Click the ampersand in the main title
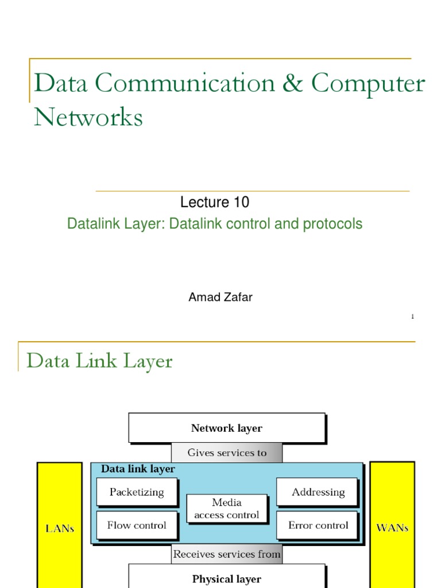(x=293, y=84)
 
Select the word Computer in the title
(x=368, y=84)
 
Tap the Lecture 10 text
(x=215, y=202)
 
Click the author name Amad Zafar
(x=220, y=297)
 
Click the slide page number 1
(x=412, y=317)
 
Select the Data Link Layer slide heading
(x=99, y=361)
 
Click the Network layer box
(x=227, y=428)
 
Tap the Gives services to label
(x=227, y=452)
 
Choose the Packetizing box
(x=137, y=492)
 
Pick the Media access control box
(x=227, y=509)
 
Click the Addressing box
(x=318, y=492)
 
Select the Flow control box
(x=137, y=525)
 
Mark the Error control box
(x=318, y=525)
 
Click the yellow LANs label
(x=60, y=528)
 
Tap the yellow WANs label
(x=392, y=528)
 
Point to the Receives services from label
(x=227, y=554)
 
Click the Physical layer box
(x=227, y=578)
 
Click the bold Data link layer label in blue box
(x=138, y=469)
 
